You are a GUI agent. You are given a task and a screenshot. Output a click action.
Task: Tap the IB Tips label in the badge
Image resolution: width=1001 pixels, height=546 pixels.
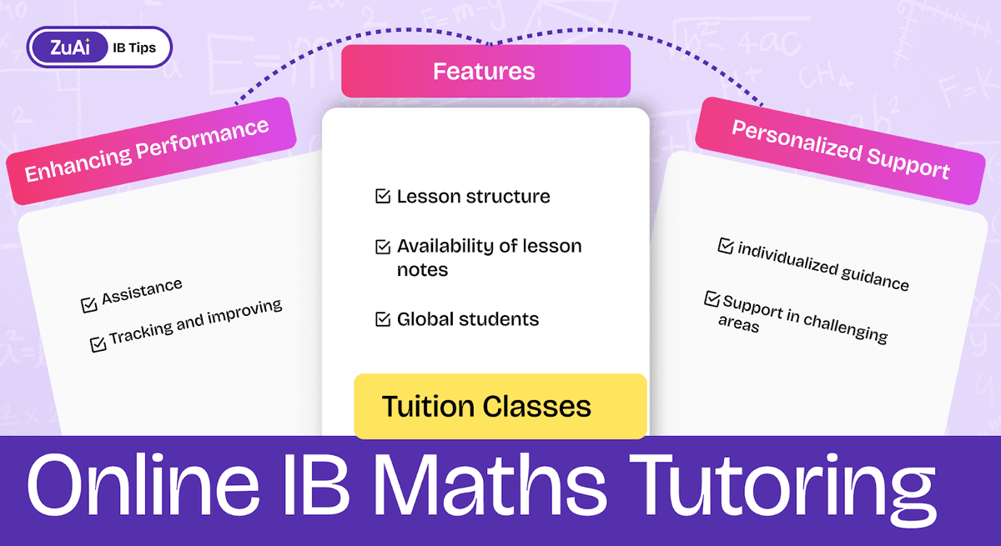pos(134,48)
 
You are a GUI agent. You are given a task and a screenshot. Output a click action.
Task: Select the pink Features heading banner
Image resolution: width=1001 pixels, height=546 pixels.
pos(485,71)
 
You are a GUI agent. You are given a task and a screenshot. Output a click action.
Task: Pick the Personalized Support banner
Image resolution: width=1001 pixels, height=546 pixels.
pos(840,150)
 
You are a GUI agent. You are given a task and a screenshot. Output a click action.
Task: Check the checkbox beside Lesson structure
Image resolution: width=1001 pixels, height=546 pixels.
pos(383,198)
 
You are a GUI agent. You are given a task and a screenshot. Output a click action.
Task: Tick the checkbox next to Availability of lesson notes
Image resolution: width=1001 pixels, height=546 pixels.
pos(383,247)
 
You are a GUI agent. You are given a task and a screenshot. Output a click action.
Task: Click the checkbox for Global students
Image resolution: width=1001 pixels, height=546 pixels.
pos(383,319)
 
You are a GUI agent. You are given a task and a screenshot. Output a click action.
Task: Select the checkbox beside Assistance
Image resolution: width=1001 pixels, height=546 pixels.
pos(89,305)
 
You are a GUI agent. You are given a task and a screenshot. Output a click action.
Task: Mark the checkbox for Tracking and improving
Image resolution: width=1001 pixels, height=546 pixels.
pos(98,342)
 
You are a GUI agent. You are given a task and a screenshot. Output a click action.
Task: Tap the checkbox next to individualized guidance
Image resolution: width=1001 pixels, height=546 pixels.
pos(725,246)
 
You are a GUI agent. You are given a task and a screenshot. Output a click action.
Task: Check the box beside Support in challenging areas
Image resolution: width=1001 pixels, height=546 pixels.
pos(712,298)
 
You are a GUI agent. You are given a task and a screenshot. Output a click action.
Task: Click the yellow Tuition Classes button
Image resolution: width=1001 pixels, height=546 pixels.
pos(500,406)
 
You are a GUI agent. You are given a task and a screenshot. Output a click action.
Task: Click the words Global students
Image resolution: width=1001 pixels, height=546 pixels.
pos(467,319)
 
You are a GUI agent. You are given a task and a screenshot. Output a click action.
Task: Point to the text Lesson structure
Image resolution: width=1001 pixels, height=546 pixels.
pos(473,198)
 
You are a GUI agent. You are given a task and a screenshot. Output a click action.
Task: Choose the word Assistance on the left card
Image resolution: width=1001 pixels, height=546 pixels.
pos(142,293)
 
